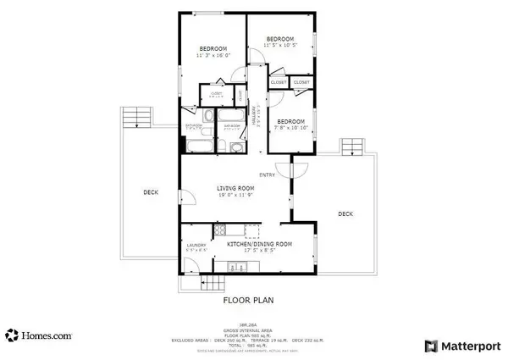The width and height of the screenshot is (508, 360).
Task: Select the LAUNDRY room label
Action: click(x=196, y=247)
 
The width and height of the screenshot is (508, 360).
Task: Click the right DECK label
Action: click(x=345, y=213)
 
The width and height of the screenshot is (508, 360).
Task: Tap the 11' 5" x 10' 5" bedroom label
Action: click(x=279, y=42)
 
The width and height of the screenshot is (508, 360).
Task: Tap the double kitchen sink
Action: click(x=224, y=268)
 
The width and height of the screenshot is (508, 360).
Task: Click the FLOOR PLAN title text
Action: click(x=247, y=300)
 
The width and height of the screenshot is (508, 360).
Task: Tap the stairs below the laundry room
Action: click(x=200, y=284)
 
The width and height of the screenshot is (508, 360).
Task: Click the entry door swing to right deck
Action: click(x=296, y=169)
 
